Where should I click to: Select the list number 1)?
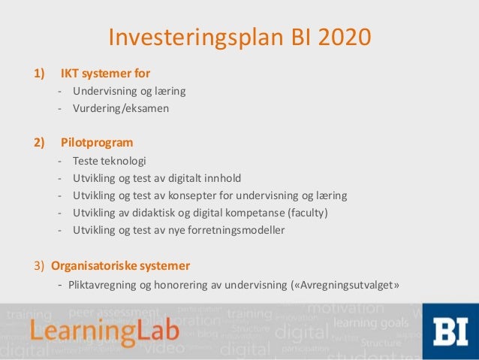[x=38, y=74]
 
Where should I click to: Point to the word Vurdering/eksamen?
[x=121, y=108]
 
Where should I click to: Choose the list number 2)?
[x=38, y=142]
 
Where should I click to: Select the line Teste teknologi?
[x=110, y=161]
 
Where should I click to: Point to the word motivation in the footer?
[x=345, y=308]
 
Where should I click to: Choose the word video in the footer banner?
[x=164, y=348]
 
